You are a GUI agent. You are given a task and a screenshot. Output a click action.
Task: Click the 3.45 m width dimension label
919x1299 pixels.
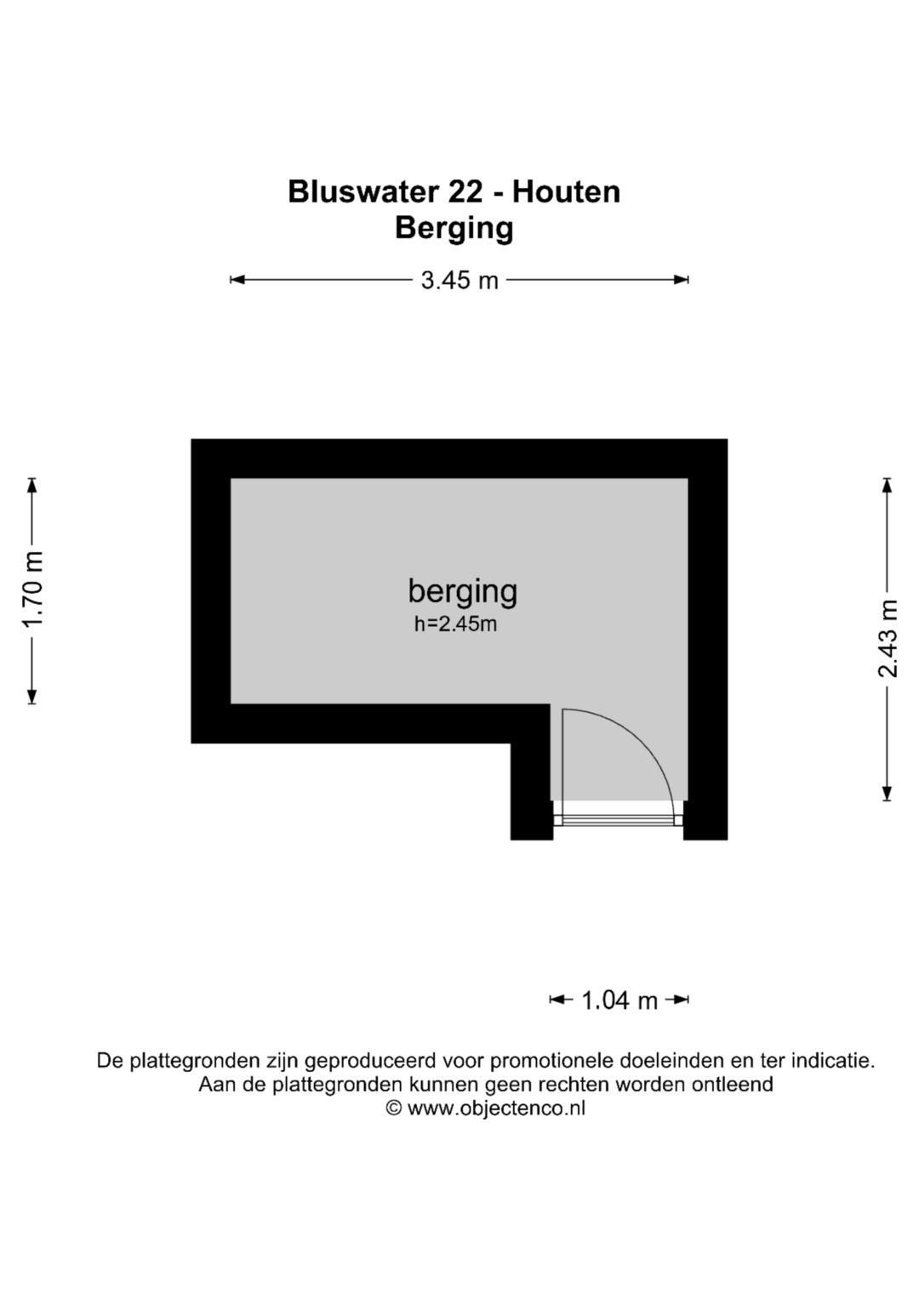point(459,280)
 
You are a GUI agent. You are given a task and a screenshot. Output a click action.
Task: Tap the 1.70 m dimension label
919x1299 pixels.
point(32,590)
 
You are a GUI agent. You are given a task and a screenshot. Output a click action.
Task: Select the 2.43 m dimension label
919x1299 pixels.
point(888,639)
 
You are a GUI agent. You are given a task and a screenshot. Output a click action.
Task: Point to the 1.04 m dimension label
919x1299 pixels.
point(619,1000)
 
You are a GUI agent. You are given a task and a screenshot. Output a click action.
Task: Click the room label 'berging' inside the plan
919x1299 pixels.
point(462,590)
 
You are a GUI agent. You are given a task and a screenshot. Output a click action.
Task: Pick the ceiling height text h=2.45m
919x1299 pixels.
point(455,624)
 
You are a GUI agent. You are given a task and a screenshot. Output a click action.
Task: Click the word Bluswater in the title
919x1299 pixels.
point(362,192)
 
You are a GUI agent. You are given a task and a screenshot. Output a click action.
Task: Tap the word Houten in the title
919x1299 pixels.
point(566,192)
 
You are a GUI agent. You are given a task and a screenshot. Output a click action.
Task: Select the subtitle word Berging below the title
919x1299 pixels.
point(454,228)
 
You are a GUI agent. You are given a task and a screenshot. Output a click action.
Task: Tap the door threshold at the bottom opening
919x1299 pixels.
point(618,819)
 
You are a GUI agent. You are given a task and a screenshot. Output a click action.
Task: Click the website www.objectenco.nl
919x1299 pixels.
point(496,1108)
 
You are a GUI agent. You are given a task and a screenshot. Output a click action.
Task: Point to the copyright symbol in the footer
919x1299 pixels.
point(394,1108)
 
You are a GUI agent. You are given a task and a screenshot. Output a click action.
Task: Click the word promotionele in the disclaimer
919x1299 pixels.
point(552,1062)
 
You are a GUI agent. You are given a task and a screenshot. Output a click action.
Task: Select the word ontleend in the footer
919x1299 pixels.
point(735,1085)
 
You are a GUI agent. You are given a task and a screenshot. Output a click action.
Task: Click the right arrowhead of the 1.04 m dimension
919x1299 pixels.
point(682,1000)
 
